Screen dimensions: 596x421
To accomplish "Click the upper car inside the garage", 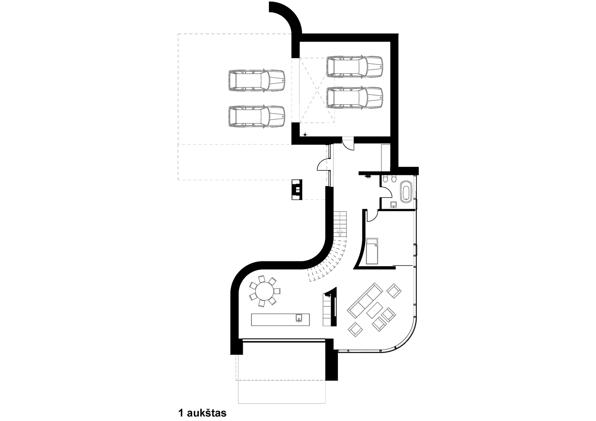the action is tap(355, 67).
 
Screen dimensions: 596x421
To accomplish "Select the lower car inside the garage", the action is tap(355, 97).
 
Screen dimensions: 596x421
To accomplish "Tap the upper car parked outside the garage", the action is tap(257, 80).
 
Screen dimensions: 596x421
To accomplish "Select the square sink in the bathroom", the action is tap(393, 204).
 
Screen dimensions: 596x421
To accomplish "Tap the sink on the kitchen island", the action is tap(299, 318).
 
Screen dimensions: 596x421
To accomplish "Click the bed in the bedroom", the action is tap(372, 251).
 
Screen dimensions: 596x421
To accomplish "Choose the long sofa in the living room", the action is tap(365, 300).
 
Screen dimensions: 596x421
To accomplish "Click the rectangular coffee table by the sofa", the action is tap(374, 310).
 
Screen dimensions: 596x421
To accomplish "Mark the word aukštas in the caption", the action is tap(207, 413).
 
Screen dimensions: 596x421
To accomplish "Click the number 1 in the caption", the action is tap(181, 413).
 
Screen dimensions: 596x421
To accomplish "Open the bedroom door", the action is tap(372, 216).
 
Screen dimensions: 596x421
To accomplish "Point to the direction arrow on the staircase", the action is tap(339, 233).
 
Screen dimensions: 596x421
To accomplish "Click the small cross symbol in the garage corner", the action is tap(305, 135).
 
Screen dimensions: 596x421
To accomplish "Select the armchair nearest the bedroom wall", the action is tap(394, 291).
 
